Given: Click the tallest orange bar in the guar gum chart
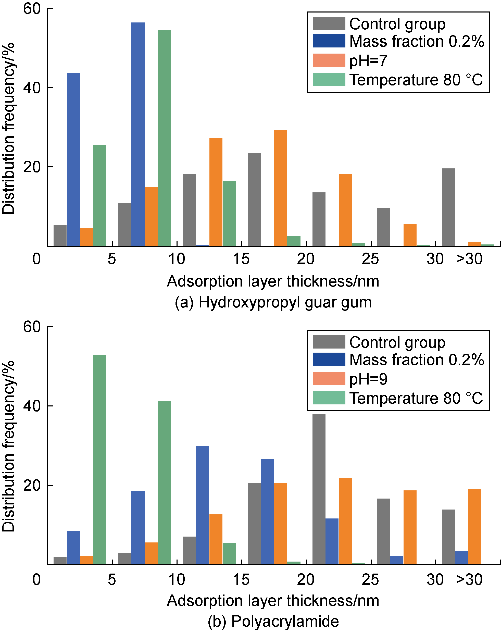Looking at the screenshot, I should tap(281, 188).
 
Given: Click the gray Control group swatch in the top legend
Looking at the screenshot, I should tap(329, 24).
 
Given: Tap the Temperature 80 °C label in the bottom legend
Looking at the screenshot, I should tap(416, 398).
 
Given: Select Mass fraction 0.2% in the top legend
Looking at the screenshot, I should tap(416, 41).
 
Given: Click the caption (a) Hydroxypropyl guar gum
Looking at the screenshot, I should tap(273, 302).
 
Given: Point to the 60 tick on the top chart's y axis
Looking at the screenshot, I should tap(32, 8).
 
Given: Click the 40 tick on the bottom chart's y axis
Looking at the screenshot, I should tap(32, 406).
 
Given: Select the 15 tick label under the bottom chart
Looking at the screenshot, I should tap(241, 579).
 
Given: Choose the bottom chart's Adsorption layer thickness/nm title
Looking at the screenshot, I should tap(273, 601).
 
